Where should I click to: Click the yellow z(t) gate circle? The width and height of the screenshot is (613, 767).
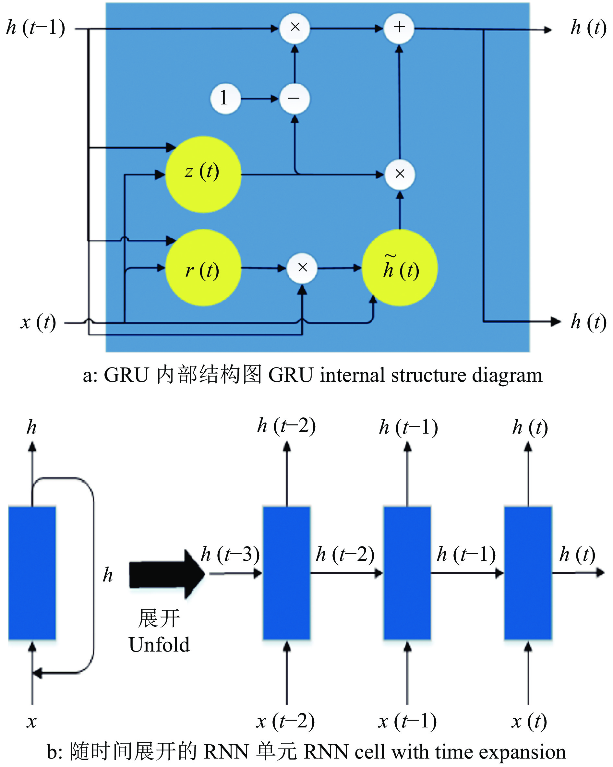[x=203, y=174]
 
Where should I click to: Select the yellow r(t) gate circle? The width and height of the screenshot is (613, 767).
[x=203, y=268]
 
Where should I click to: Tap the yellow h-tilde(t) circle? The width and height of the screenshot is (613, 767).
[x=400, y=268]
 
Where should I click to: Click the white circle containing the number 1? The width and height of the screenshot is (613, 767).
[x=225, y=99]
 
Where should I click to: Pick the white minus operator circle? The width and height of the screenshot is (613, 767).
[x=294, y=99]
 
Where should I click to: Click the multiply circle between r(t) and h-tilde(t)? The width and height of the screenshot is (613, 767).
[x=302, y=268]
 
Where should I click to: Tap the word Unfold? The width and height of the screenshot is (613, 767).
[x=159, y=645]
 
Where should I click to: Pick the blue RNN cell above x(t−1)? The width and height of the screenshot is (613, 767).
[x=407, y=573]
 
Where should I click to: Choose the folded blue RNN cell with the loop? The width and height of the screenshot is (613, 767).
[x=32, y=573]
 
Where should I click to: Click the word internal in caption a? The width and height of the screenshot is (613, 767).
[x=352, y=375]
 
